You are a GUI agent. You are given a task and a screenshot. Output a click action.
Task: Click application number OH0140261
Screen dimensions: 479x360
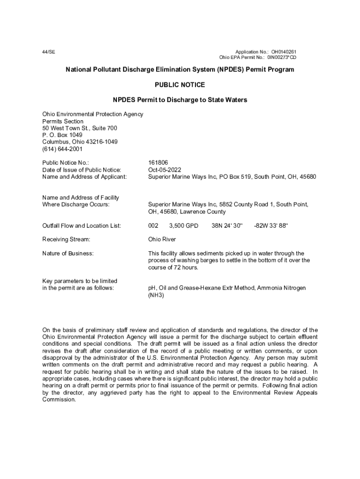[282, 51]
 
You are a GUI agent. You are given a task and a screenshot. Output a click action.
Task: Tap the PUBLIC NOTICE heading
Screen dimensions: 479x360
[180, 85]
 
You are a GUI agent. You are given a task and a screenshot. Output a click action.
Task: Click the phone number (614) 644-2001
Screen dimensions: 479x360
[62, 149]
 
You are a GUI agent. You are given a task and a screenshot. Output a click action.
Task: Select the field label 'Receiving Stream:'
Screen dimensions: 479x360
[66, 239]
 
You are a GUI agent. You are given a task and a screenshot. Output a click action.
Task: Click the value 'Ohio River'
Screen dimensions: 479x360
[162, 239]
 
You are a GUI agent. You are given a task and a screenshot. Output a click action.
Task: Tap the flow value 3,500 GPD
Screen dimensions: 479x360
[184, 225]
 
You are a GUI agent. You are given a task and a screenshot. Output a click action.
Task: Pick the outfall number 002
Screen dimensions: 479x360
[153, 225]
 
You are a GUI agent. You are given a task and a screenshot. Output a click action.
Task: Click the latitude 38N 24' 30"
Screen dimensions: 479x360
[227, 225]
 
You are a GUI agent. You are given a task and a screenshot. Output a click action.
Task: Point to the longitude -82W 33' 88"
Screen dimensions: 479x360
[271, 225]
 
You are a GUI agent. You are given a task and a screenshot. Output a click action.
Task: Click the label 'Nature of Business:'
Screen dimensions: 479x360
[68, 254]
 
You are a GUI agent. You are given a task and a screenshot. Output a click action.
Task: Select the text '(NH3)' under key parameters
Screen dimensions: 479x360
[156, 295]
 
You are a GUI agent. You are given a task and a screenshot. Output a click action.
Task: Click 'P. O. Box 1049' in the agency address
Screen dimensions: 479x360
[62, 135]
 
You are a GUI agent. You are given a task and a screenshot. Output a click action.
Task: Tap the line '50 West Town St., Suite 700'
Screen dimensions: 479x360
[79, 128]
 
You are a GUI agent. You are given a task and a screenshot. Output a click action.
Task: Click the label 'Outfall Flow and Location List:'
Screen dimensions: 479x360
[82, 225]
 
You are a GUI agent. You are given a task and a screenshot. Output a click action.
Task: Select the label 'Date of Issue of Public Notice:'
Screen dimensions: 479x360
[82, 170]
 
